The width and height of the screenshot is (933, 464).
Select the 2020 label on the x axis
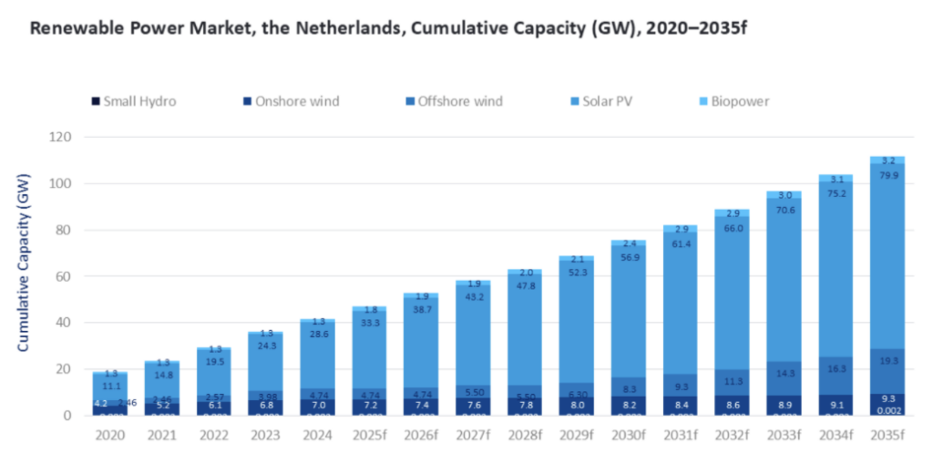[x=109, y=435]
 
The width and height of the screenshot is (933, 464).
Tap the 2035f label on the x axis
[x=887, y=435]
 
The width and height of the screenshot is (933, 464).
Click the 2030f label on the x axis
[x=628, y=435]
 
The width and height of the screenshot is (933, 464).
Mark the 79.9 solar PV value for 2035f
[x=887, y=176]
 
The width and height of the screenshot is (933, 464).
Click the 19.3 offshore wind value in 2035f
[x=887, y=362]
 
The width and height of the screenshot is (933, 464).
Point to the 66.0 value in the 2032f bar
[x=733, y=229]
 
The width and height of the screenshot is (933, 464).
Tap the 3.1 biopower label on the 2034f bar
[x=836, y=180]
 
